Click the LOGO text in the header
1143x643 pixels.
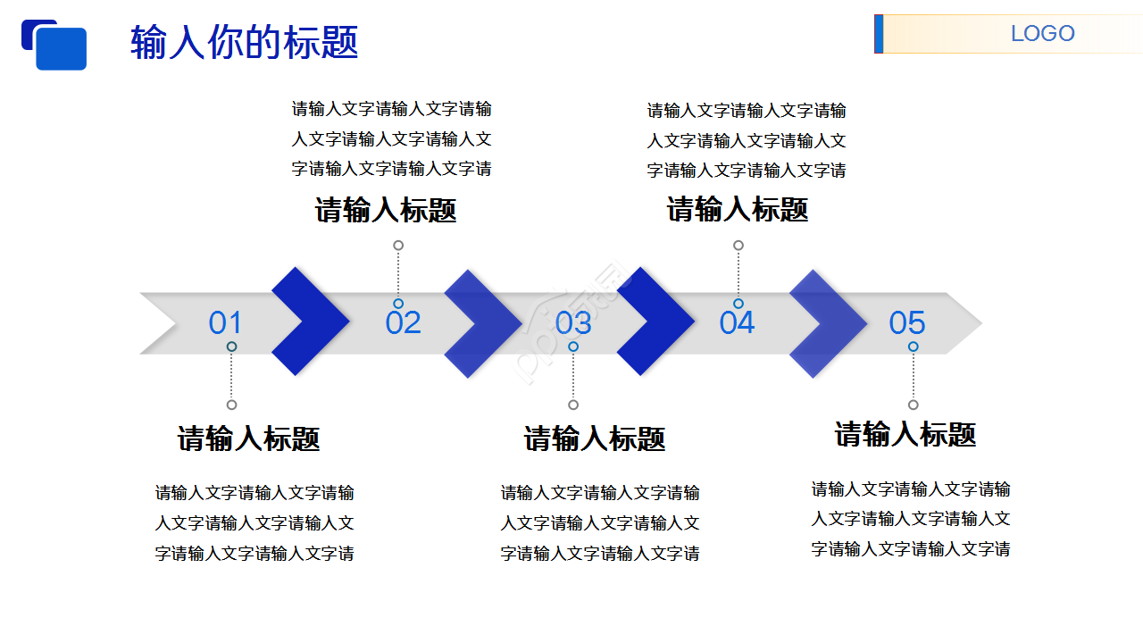coord(1042,34)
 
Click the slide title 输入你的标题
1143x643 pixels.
coord(244,42)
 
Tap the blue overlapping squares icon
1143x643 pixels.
coord(54,45)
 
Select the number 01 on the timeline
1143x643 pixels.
coord(225,322)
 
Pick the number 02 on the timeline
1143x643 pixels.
coord(403,322)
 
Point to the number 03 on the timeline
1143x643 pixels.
coord(573,322)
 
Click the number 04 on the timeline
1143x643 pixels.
coord(737,322)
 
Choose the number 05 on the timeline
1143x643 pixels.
coord(906,322)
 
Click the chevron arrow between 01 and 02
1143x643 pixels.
coord(313,321)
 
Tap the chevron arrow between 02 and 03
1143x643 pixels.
coord(485,322)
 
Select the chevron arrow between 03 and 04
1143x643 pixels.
coord(657,321)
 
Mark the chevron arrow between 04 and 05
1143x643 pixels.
coord(830,323)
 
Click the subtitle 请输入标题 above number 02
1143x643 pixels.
coord(386,211)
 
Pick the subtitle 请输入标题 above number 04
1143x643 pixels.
coord(738,210)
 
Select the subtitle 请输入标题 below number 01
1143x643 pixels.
coord(249,438)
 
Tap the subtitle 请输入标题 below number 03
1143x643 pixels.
coord(595,438)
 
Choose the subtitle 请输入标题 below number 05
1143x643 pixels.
coord(905,434)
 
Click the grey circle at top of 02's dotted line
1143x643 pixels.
coord(398,246)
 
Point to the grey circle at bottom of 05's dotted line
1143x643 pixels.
coord(913,405)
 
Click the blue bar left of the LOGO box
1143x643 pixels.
coord(879,34)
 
